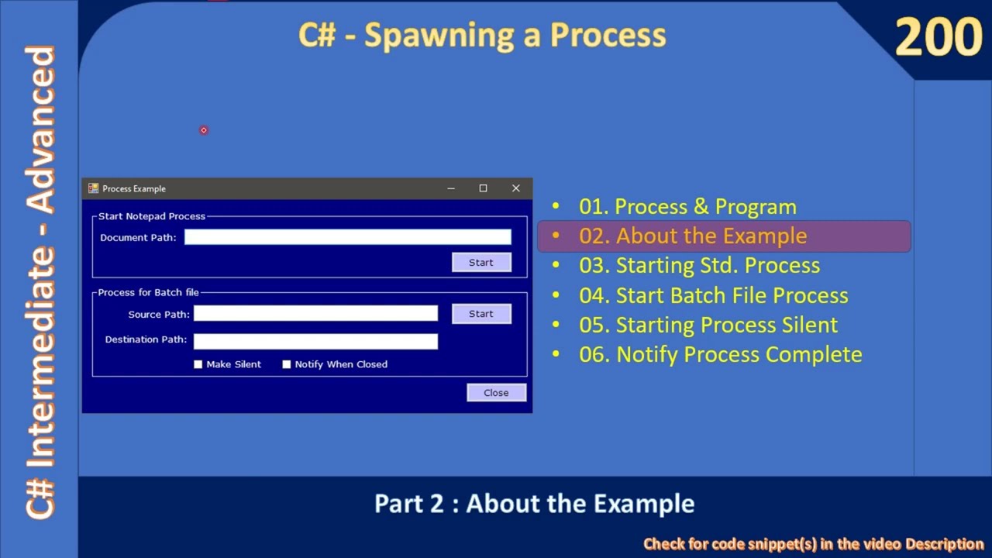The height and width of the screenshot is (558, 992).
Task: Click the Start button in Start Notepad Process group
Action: (480, 263)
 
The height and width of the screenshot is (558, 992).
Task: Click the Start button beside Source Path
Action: (480, 314)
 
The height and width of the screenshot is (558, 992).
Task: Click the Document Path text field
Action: (347, 237)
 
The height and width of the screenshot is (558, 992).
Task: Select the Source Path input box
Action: (315, 313)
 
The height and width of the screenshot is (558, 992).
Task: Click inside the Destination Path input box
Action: (315, 341)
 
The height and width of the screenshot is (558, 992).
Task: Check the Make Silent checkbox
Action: (198, 364)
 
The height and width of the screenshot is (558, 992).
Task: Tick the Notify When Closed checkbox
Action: (287, 364)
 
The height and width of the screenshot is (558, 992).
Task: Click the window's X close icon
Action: (515, 188)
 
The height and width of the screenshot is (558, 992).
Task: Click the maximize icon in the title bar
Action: (483, 188)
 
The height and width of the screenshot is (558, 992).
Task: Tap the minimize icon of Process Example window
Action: (450, 188)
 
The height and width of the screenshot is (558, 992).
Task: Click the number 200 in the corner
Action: (938, 37)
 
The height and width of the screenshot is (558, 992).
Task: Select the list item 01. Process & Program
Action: (687, 207)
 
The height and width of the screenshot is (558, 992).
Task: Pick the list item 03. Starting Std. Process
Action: (699, 265)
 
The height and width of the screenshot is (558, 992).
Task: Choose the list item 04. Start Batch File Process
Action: (713, 295)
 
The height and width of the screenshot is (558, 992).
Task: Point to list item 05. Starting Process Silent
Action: (708, 325)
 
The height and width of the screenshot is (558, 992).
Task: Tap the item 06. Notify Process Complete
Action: (720, 354)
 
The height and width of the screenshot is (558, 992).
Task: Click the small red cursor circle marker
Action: (204, 130)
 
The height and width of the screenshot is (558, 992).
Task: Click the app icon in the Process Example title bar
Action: (93, 188)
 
